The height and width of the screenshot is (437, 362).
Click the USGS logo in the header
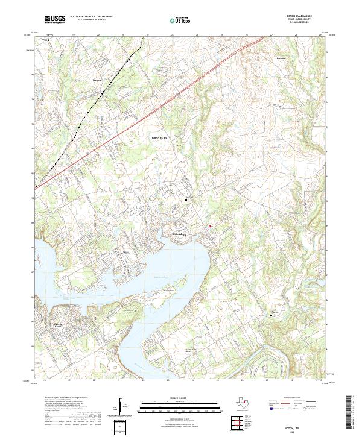55,20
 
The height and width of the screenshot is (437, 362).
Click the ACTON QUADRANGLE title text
303,17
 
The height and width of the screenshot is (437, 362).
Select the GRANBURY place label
159,138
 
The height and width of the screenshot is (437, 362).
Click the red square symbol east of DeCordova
209,226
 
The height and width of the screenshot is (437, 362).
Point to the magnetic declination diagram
123,406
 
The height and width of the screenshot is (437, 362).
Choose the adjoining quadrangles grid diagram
236,424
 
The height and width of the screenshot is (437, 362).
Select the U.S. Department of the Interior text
91,17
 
